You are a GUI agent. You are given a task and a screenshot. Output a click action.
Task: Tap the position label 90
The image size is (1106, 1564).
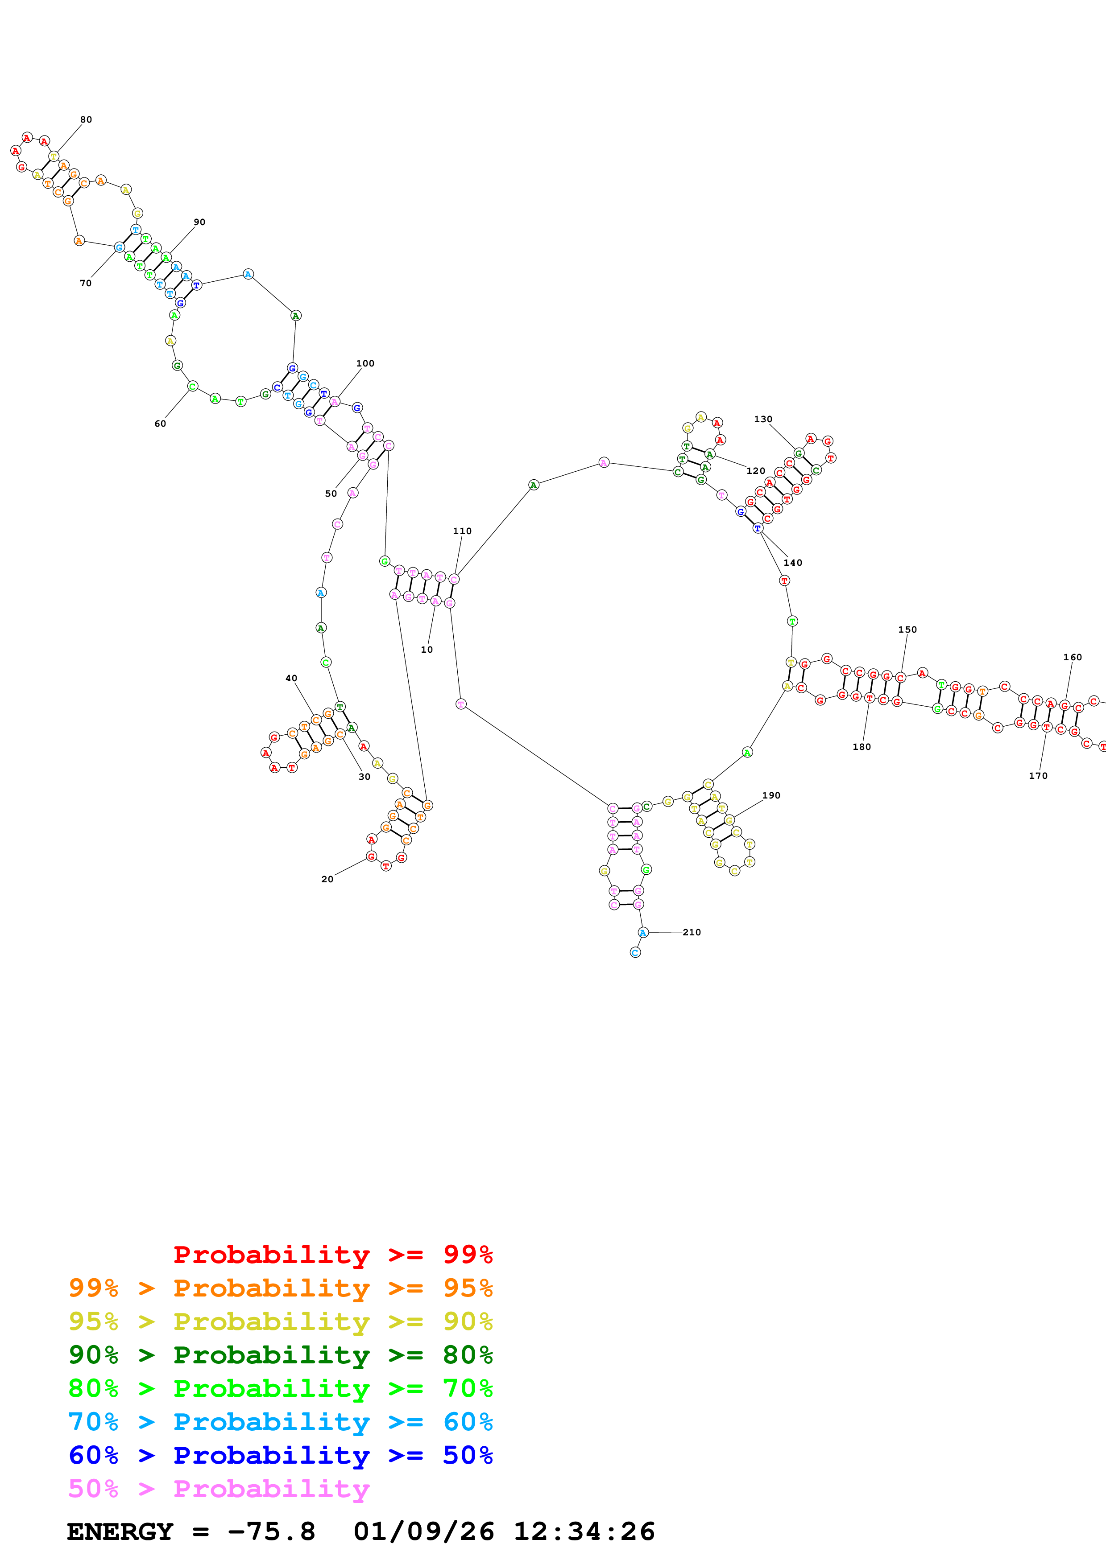(199, 222)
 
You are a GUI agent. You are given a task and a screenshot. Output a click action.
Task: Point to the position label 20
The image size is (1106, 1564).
(327, 879)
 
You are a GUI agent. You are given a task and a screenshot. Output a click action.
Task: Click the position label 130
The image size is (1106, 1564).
(762, 420)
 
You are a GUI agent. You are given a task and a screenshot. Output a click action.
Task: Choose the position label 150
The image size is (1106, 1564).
(907, 630)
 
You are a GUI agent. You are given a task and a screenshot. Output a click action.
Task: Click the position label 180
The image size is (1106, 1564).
(862, 747)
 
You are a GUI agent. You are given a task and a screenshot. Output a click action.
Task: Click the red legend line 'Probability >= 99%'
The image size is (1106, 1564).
(332, 1255)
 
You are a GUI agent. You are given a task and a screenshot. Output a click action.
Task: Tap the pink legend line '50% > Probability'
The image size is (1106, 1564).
(219, 1489)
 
